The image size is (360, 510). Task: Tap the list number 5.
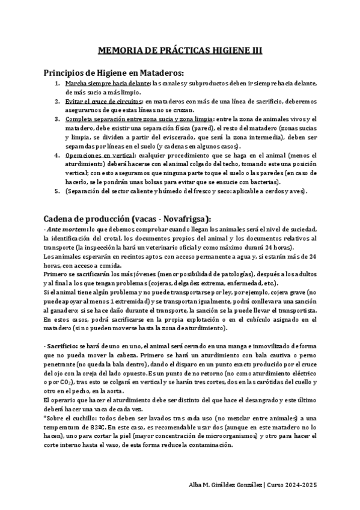[x=56, y=191]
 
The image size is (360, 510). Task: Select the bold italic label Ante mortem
[x=66, y=230]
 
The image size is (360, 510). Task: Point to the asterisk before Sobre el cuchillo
[x=46, y=419]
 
